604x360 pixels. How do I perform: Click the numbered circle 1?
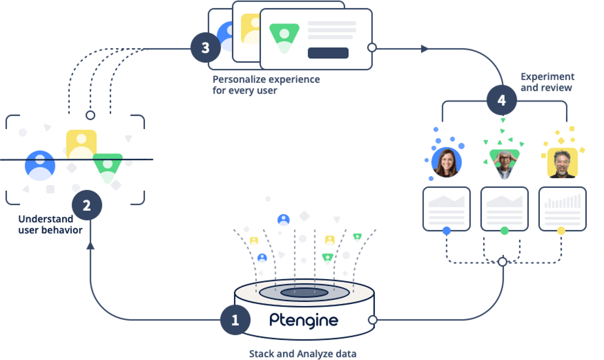click(235, 320)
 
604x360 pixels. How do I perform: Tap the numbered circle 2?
click(87, 206)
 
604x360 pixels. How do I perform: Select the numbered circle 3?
click(206, 48)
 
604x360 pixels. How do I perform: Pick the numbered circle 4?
click(501, 101)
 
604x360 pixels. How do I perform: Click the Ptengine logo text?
click(304, 320)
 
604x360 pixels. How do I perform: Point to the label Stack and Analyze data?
click(302, 354)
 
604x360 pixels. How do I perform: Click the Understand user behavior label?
click(50, 225)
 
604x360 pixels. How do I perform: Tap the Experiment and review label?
click(548, 82)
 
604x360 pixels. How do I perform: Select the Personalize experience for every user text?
click(266, 84)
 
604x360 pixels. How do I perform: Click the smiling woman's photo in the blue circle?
click(446, 162)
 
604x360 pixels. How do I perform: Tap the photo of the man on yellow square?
click(562, 163)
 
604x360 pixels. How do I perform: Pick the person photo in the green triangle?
click(504, 163)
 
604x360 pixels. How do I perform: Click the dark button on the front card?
click(328, 53)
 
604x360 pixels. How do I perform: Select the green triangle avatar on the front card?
click(284, 37)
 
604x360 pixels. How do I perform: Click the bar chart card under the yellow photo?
click(562, 209)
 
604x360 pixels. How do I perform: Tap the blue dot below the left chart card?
click(446, 231)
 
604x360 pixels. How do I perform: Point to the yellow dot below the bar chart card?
click(561, 231)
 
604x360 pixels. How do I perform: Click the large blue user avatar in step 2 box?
click(40, 165)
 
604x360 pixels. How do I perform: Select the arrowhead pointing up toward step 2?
click(90, 245)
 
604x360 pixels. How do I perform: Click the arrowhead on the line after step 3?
click(425, 49)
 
